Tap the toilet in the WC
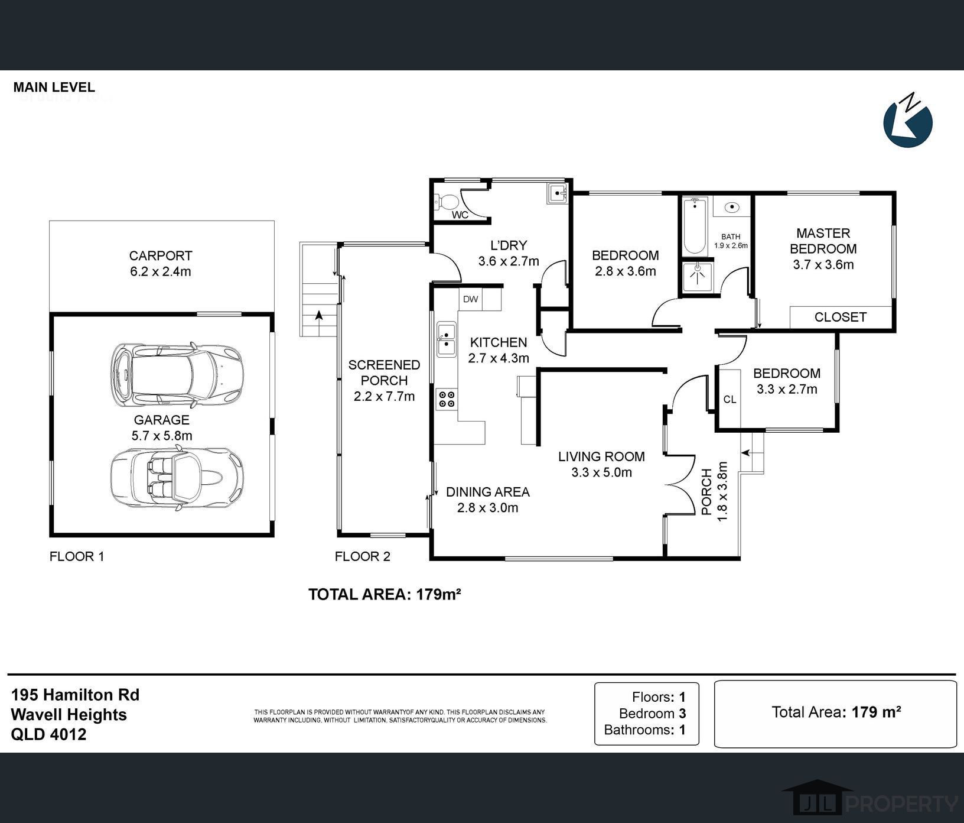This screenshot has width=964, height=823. pos(445,202)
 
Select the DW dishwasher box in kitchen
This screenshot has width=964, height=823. pos(471,299)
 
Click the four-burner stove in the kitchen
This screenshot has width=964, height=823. pos(447,399)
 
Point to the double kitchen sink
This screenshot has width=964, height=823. pos(446,339)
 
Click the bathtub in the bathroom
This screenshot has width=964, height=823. pos(695,226)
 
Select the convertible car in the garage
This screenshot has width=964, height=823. pos(177,475)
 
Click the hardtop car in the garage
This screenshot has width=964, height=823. pos(177,374)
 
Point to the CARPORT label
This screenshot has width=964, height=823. pos(161,256)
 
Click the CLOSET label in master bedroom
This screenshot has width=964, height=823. pos(840,317)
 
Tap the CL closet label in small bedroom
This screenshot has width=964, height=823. pos(729,400)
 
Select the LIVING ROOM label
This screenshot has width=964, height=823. pos(601,456)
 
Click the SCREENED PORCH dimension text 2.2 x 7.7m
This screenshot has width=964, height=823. pos(384,397)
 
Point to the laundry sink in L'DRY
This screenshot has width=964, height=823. pos(557,193)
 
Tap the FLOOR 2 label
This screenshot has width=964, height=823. pos(363,556)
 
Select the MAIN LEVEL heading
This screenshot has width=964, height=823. pos(54,88)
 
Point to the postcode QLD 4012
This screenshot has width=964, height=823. pos(48,734)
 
